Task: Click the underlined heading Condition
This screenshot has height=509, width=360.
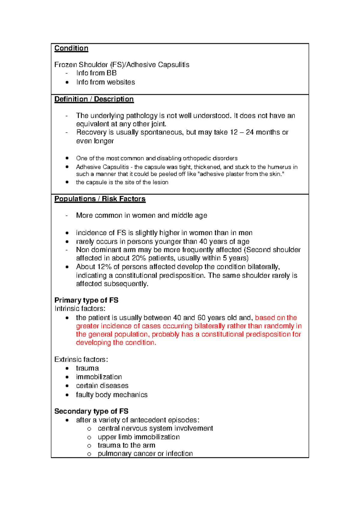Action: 71,48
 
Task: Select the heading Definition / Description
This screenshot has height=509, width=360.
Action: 94,99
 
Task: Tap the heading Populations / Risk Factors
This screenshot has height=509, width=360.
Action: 100,199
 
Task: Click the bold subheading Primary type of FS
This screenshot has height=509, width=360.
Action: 86,300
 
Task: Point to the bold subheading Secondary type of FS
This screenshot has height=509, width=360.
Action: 91,411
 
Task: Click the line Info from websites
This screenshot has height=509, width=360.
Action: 105,82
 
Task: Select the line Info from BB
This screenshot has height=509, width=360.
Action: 96,73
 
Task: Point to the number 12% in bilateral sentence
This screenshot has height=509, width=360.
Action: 104,267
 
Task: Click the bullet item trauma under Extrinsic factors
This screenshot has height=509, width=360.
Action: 87,368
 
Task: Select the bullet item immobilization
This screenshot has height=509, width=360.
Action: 99,377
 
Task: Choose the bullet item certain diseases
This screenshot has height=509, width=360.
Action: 102,386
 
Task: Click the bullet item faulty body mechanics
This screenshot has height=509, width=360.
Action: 112,395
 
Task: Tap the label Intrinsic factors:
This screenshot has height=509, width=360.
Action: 80,309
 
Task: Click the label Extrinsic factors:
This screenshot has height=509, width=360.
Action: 81,360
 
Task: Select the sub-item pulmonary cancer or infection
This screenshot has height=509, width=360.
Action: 145,453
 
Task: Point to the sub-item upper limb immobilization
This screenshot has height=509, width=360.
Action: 139,437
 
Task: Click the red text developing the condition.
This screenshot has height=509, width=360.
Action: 116,342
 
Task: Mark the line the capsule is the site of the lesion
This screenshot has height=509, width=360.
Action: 122,182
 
